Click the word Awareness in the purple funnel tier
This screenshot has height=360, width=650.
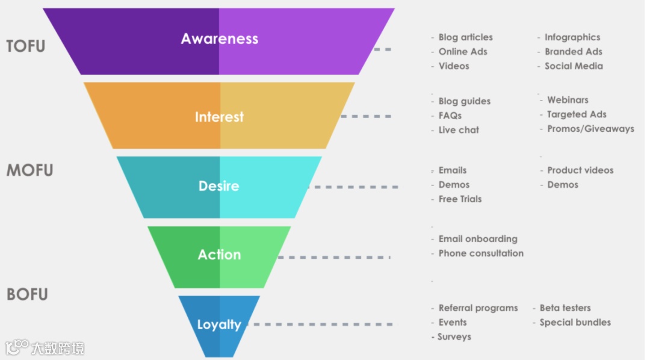coord(220,39)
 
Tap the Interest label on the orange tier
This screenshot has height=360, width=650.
coord(219,117)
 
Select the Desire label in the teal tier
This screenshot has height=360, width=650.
coord(219,186)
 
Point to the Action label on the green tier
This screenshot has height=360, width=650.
coord(219,255)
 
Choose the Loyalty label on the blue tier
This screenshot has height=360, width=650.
coord(219,325)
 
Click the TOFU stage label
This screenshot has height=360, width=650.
coord(26,46)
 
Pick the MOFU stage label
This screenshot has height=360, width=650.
coord(29,170)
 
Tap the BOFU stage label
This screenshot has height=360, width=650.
coord(27,294)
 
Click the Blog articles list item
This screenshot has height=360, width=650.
coord(465,37)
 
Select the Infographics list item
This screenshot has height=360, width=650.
coord(572,37)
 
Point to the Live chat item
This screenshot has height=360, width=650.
coord(459,130)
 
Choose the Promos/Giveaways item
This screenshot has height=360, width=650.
coord(590,129)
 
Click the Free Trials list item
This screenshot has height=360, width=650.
coord(460,199)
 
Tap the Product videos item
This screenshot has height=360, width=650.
coord(580,170)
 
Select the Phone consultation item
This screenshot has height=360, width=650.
coord(481,253)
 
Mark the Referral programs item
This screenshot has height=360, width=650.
coord(478,308)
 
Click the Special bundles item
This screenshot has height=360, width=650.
coord(575,323)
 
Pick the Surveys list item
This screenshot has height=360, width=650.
coord(454,337)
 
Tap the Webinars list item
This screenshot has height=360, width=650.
coord(568,100)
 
